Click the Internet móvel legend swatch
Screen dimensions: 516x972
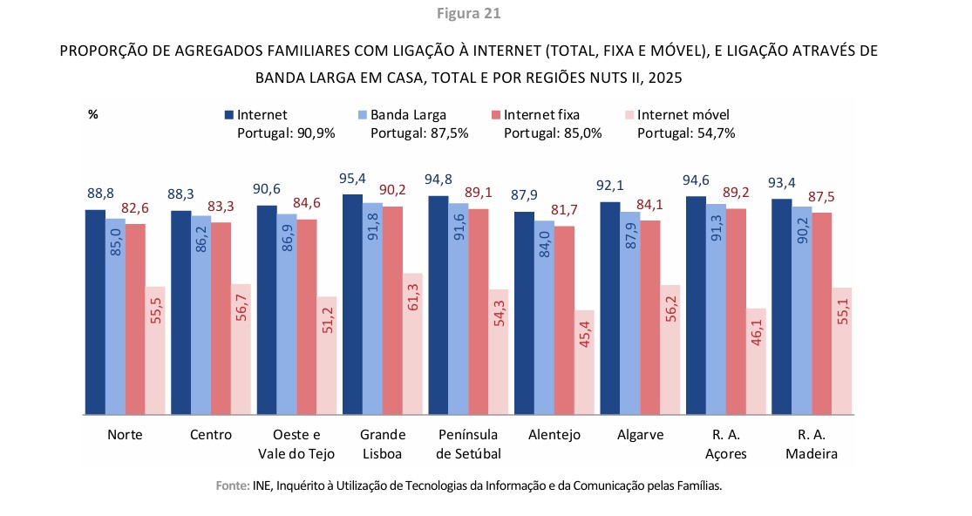pos(630,115)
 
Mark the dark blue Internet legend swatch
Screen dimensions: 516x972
pos(229,115)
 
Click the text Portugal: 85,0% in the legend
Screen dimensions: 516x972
pos(553,133)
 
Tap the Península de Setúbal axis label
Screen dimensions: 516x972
pos(467,444)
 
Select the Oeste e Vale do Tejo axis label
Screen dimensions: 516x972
pos(296,444)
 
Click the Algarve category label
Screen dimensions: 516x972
pos(640,435)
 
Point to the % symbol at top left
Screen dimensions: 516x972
pos(92,114)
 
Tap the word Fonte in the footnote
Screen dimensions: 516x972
pos(232,486)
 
